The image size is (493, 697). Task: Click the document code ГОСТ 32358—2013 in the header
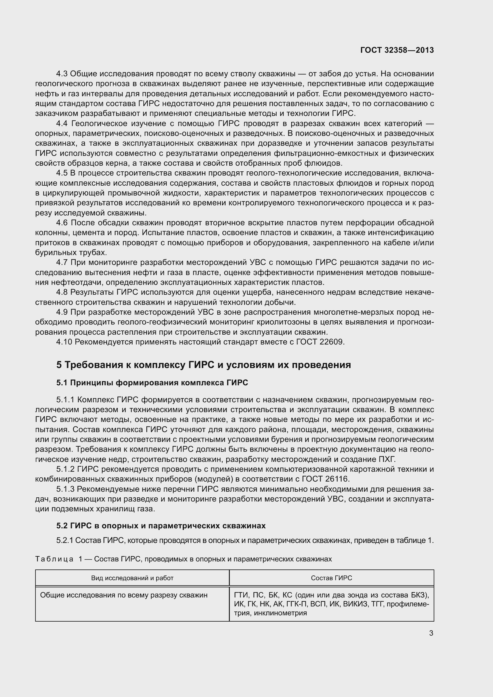[397, 50]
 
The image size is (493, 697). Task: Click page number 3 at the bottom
[431, 633]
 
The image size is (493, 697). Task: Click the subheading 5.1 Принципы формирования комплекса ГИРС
[152, 383]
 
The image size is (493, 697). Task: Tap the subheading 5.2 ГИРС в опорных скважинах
[161, 525]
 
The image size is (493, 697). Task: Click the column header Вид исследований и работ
[132, 578]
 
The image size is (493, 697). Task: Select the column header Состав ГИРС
[331, 578]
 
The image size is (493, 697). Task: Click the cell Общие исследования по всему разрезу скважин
[124, 595]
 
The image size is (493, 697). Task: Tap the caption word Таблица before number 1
[54, 559]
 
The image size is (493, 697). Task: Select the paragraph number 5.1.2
[65, 469]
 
